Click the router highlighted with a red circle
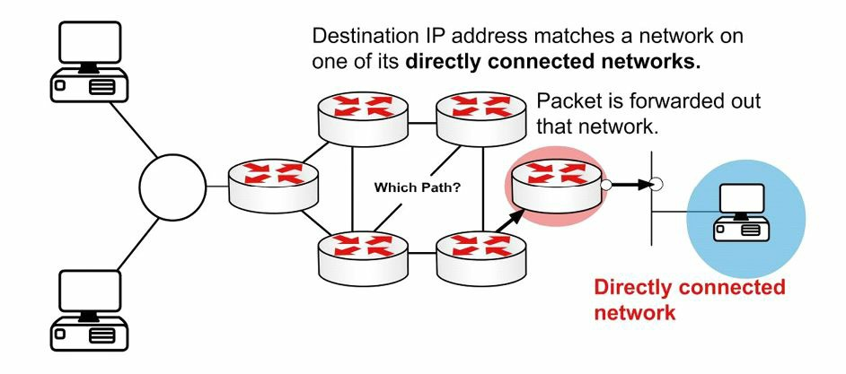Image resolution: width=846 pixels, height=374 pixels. click(556, 186)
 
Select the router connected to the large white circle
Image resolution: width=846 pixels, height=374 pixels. click(273, 186)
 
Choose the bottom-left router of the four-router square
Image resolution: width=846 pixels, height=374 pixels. click(363, 258)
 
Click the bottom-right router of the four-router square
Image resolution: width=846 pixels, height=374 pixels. click(480, 258)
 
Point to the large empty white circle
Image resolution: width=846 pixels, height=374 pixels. click(172, 187)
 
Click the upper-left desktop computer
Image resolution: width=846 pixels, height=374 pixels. click(90, 61)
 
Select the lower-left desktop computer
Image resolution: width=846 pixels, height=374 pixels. click(90, 309)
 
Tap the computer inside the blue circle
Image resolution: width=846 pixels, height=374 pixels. click(743, 213)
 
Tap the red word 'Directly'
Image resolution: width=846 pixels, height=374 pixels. click(632, 288)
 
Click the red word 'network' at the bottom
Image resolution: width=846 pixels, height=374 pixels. click(634, 312)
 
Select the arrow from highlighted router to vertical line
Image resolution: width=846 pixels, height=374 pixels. click(632, 185)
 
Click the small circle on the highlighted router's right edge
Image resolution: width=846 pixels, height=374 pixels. click(606, 185)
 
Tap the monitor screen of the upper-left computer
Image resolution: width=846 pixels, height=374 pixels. click(90, 42)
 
